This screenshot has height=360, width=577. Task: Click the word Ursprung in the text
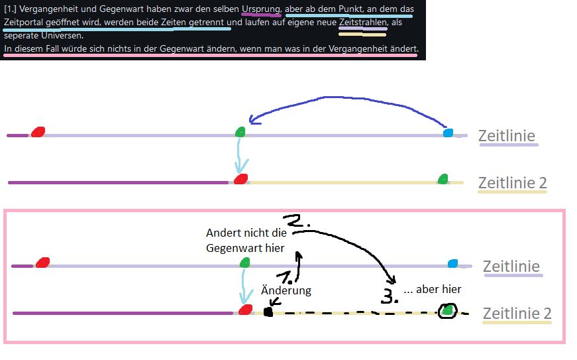click(261, 9)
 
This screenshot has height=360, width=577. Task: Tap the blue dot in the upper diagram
click(448, 133)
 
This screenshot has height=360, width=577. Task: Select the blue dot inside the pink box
click(452, 264)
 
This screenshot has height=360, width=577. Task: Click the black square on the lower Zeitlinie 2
click(268, 312)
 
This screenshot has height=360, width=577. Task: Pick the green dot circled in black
click(448, 310)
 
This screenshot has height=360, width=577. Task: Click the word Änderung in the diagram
click(286, 290)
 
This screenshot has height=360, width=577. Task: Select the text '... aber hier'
click(432, 289)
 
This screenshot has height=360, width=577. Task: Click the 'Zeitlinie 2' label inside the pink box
click(517, 313)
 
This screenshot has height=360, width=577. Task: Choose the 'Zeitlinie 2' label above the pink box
click(512, 182)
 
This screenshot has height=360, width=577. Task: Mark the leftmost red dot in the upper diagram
click(38, 131)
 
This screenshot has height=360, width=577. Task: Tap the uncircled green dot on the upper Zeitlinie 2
click(443, 178)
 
